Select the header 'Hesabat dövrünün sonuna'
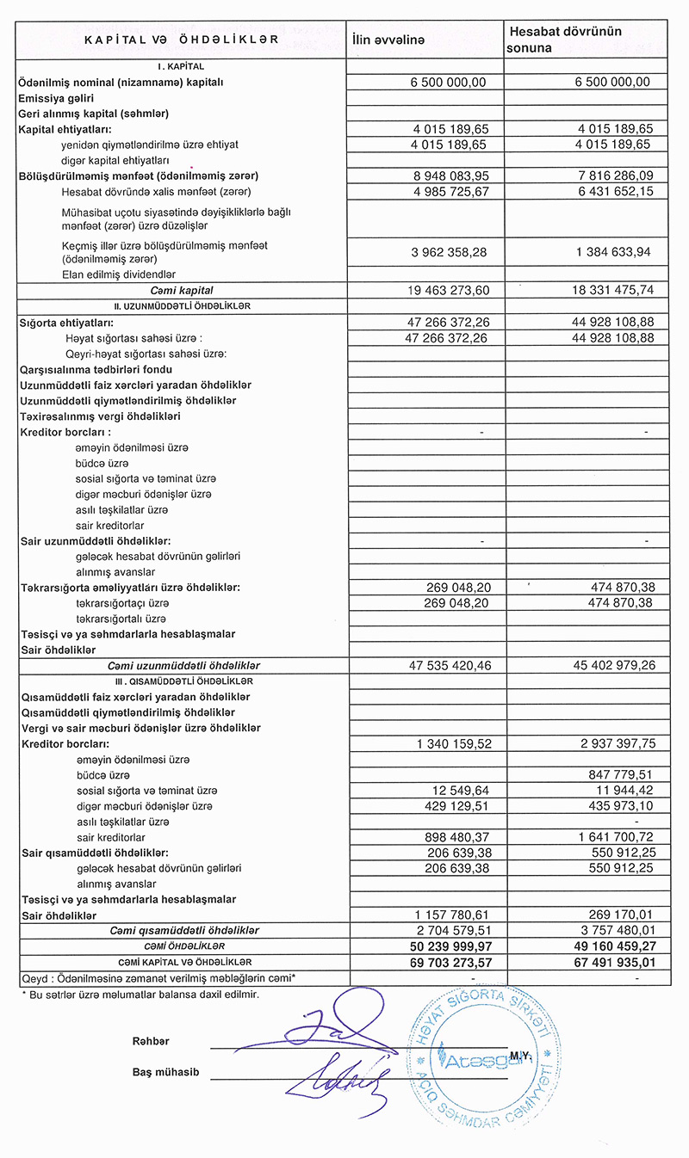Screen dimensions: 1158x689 [565, 40]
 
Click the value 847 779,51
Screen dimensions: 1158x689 [615, 775]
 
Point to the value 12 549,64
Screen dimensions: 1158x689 [457, 791]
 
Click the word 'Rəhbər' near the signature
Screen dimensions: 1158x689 [151, 1042]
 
